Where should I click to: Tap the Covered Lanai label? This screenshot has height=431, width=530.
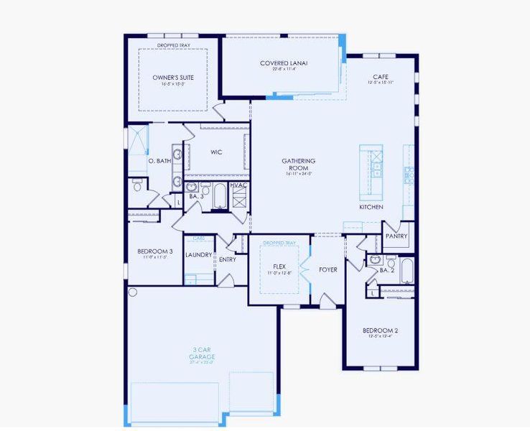(284, 63)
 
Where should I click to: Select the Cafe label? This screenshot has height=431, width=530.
(381, 77)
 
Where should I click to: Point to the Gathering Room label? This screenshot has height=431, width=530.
(299, 164)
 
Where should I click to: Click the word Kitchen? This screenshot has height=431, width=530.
(371, 207)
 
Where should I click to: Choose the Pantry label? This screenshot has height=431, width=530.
(396, 236)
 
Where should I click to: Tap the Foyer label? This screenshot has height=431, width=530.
(328, 270)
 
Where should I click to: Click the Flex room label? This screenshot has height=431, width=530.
(279, 266)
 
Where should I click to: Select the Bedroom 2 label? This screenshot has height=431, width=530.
(381, 330)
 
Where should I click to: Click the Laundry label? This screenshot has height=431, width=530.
(198, 254)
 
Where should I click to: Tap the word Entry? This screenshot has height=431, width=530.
(228, 259)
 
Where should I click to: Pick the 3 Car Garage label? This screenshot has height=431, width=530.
(202, 353)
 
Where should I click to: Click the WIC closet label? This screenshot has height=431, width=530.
(215, 152)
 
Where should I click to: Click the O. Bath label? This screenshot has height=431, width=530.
(159, 161)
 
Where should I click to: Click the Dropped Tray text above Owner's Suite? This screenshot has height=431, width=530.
(174, 45)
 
